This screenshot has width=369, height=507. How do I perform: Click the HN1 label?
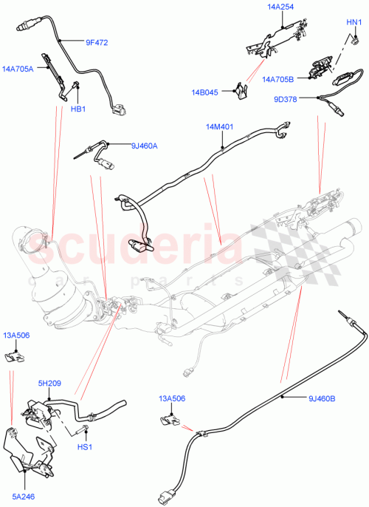[354, 22]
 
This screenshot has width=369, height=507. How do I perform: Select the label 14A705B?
[278, 78]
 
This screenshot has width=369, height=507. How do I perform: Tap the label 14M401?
[220, 126]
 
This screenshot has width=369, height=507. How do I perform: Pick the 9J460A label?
[144, 146]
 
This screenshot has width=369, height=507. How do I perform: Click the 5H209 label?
[51, 384]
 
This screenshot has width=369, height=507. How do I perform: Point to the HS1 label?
[85, 447]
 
